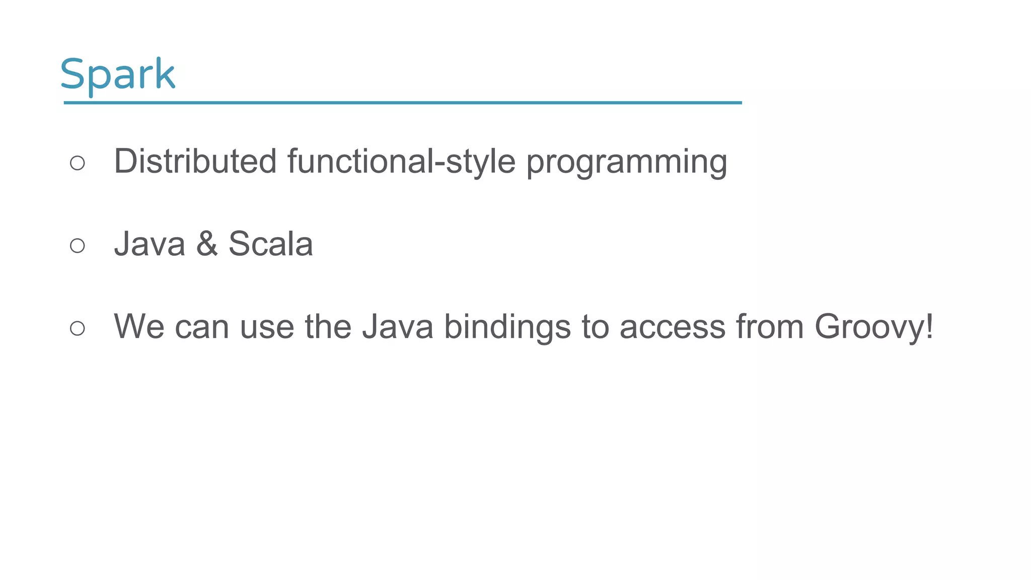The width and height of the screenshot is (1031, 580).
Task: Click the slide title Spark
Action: coord(117,75)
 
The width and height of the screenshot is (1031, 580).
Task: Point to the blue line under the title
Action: coord(403,103)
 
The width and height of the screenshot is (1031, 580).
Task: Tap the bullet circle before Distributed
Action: coord(78,163)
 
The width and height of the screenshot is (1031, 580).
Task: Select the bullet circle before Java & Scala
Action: coord(78,246)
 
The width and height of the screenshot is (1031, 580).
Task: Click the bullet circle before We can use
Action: coord(78,328)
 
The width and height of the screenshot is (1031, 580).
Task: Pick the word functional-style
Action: coord(401,162)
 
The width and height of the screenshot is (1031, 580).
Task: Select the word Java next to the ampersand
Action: coord(150,244)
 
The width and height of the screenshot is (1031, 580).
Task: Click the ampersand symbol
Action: coord(207,244)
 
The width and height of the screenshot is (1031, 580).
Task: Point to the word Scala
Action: coord(270,244)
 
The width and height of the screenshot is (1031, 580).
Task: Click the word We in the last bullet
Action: coord(139,327)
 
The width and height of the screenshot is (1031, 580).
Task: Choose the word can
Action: coord(202,328)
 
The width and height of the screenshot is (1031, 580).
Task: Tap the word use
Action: coord(267,328)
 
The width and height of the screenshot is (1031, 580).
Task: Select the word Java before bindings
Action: coord(398,327)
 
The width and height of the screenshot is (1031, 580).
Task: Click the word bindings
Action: coord(507,328)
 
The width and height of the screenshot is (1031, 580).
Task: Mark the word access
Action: coord(672,328)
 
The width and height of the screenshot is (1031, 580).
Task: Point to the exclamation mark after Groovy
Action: coord(929,327)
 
